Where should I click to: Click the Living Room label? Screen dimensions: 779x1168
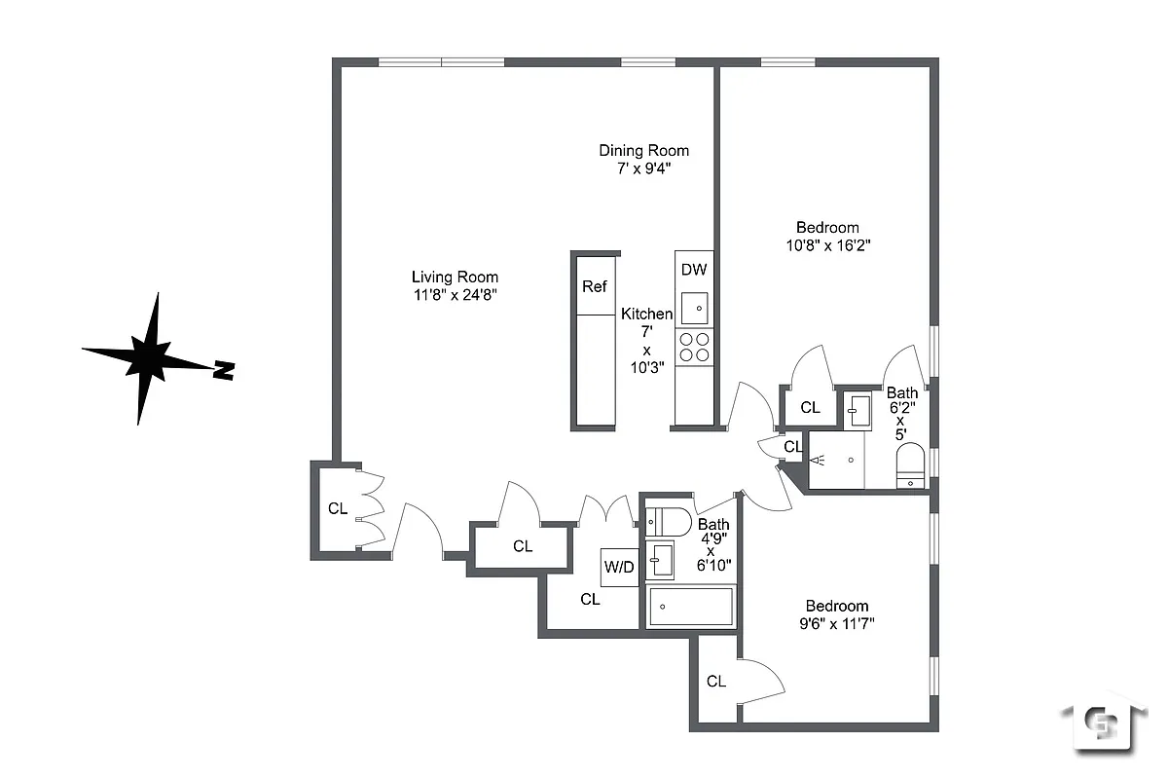click(455, 277)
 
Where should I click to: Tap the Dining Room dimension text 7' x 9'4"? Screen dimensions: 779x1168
click(643, 167)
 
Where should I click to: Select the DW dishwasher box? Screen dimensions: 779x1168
click(694, 270)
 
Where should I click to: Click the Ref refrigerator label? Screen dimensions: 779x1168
click(594, 286)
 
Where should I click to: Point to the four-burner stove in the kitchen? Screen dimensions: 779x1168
click(694, 348)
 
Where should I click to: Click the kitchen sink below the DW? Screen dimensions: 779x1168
click(694, 308)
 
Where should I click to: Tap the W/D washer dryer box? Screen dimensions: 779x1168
click(619, 566)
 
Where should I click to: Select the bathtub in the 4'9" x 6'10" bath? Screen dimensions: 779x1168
click(690, 607)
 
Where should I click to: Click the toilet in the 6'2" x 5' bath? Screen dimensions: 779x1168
click(911, 465)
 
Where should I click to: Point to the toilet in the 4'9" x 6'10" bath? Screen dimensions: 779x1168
click(671, 521)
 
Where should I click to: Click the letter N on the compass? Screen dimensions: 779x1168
click(225, 370)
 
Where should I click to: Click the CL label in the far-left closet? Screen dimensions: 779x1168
click(337, 508)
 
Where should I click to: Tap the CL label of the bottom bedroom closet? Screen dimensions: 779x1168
click(716, 682)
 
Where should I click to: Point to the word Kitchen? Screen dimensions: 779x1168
click(646, 314)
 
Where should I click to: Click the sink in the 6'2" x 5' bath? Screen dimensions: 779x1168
click(857, 410)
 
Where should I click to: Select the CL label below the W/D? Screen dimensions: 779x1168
click(590, 599)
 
